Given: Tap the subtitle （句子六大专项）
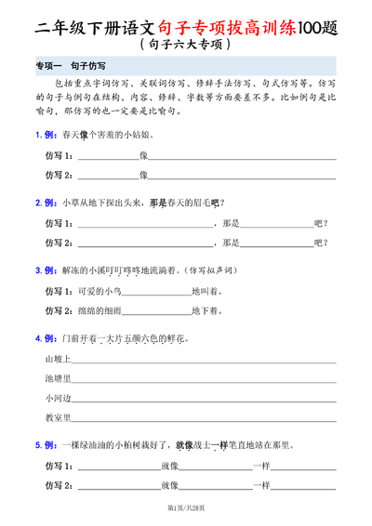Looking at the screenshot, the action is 186,44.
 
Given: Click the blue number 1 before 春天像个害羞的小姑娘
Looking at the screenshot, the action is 38,134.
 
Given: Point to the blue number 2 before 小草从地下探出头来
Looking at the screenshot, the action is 38,202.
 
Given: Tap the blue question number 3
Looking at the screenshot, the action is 38,270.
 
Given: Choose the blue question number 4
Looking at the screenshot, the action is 38,338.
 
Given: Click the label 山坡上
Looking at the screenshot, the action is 58,358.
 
